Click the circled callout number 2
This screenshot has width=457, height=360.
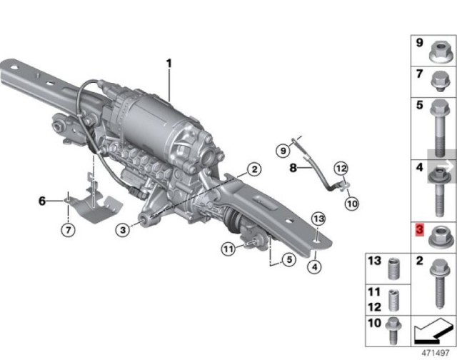[254, 169]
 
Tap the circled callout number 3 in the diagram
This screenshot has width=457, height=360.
[123, 230]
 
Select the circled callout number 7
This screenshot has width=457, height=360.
[69, 230]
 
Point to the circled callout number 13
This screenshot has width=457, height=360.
[318, 219]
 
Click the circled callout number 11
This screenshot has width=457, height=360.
[228, 249]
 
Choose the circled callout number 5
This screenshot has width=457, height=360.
[288, 259]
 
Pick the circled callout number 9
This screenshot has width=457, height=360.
[283, 151]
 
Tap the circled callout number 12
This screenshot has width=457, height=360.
[341, 169]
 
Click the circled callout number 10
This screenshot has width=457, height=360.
[352, 204]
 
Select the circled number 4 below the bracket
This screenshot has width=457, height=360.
[315, 266]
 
